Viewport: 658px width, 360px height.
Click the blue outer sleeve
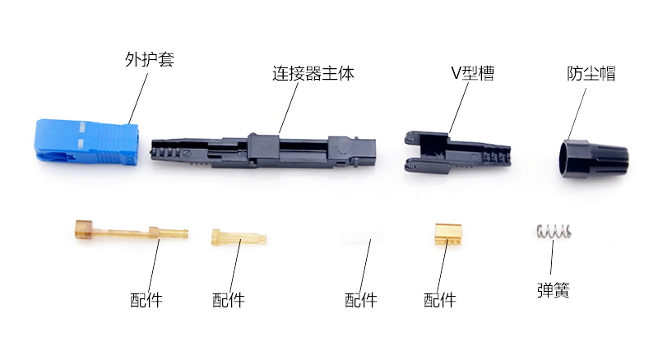[86, 142]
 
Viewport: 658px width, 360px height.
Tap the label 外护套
[150, 59]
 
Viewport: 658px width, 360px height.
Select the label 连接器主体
[313, 73]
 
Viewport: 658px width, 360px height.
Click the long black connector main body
[263, 151]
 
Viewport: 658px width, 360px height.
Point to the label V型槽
[472, 73]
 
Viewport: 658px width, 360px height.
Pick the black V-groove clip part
[457, 153]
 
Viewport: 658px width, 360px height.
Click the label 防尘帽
[591, 73]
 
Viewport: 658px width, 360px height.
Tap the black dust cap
[594, 160]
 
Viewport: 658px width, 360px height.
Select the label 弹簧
[554, 290]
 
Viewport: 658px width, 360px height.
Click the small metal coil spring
[554, 231]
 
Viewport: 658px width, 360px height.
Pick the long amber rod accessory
[131, 231]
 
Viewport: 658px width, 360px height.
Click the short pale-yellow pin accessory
[239, 238]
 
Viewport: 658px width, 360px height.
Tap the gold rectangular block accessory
[448, 234]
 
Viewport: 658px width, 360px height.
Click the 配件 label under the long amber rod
[146, 300]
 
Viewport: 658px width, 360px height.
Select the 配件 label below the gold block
[440, 300]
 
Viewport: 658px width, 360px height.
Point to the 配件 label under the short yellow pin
[229, 300]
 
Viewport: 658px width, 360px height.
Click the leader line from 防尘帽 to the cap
[577, 114]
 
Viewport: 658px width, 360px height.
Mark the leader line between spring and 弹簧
[552, 256]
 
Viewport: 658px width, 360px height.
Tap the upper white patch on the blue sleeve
[82, 127]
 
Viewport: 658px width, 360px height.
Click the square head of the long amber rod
[83, 230]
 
